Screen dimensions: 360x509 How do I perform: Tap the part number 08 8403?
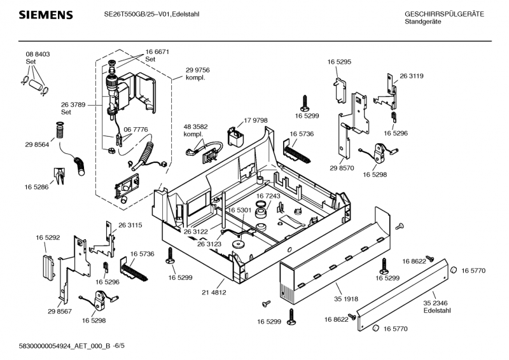click(38, 55)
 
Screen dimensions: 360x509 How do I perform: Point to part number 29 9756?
click(198, 70)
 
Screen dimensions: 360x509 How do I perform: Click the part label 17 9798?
click(255, 120)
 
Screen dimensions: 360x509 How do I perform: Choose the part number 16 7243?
click(268, 196)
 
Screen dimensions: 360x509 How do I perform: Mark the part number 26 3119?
click(412, 76)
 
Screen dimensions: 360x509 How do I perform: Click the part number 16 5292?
click(48, 238)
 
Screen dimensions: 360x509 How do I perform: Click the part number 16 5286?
click(38, 188)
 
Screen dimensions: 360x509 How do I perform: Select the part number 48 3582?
click(196, 128)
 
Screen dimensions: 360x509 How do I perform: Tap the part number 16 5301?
click(240, 210)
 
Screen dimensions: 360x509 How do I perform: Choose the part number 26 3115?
click(130, 225)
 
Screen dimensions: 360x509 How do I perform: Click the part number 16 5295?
click(340, 62)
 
